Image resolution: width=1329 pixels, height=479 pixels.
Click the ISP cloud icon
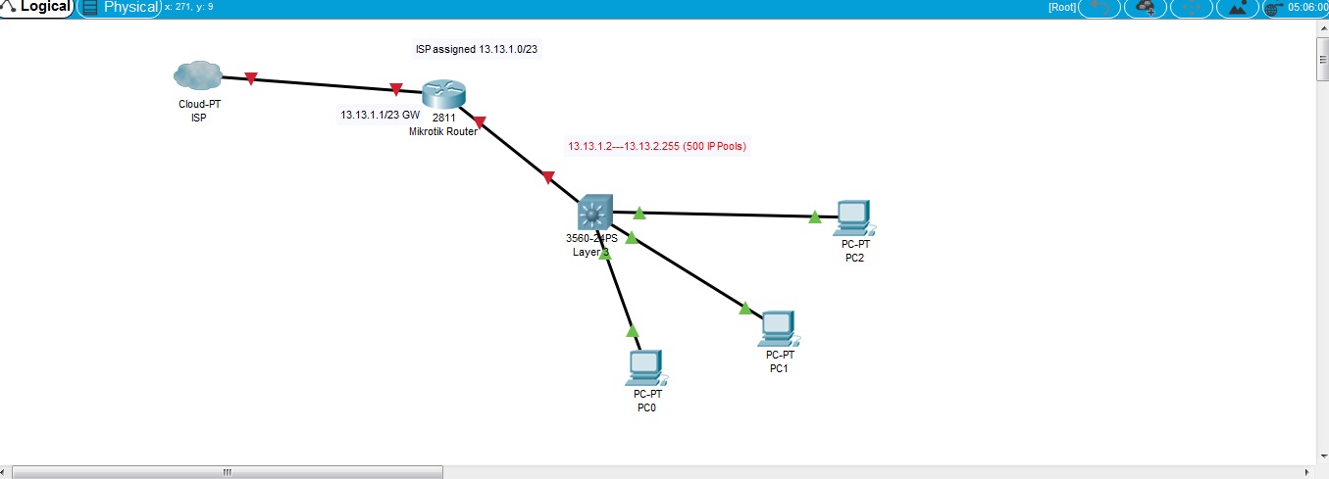197,74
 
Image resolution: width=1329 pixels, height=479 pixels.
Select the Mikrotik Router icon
443,96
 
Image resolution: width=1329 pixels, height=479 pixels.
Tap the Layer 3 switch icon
594,212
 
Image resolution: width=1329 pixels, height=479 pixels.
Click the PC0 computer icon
645,367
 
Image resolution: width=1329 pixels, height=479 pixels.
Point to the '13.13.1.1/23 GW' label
380,115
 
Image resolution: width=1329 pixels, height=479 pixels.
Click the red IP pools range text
657,146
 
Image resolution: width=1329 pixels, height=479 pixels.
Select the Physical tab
122,8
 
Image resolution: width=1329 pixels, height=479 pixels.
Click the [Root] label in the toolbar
1062,8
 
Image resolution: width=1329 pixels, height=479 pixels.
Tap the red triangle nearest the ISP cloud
251,78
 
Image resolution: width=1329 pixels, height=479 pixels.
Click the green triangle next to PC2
815,217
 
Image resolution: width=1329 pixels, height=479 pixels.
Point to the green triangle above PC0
633,330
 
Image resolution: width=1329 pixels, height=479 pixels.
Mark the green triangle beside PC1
745,309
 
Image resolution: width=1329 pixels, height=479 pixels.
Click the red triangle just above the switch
548,177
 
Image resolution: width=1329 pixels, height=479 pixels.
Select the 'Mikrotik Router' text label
443,131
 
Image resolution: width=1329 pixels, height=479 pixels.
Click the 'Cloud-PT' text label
199,103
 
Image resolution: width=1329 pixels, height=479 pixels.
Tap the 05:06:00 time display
1307,8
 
